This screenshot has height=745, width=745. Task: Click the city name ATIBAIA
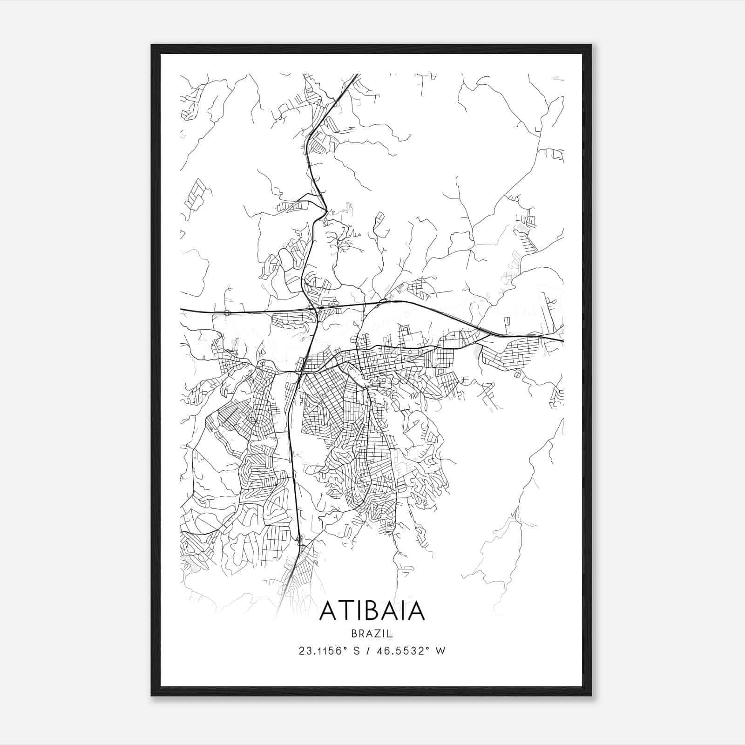click(x=372, y=611)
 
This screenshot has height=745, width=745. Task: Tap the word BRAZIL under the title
click(x=372, y=634)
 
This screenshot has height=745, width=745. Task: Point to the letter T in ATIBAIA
click(x=344, y=611)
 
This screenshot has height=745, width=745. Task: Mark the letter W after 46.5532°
click(x=440, y=651)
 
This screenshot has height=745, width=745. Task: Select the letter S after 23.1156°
click(x=357, y=651)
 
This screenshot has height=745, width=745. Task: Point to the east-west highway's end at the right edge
click(x=562, y=340)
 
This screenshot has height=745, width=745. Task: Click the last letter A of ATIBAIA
click(x=417, y=611)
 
